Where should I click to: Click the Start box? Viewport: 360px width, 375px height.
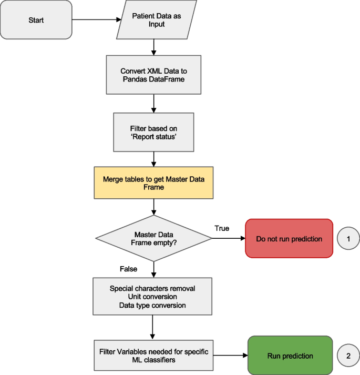point(36,21)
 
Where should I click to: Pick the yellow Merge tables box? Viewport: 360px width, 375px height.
point(153,183)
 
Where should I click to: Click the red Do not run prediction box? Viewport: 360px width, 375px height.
point(289,238)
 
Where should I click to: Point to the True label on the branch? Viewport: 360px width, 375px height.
point(222,228)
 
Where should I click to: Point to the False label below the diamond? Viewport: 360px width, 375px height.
point(128,269)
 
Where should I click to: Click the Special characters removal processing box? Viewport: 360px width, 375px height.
point(153,297)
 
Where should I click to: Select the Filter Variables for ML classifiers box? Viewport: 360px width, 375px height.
point(153,356)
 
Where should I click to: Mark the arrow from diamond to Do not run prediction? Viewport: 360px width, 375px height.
point(228,238)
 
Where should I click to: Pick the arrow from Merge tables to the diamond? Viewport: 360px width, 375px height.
point(153,207)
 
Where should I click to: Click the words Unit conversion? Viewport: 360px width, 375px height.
point(153,297)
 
